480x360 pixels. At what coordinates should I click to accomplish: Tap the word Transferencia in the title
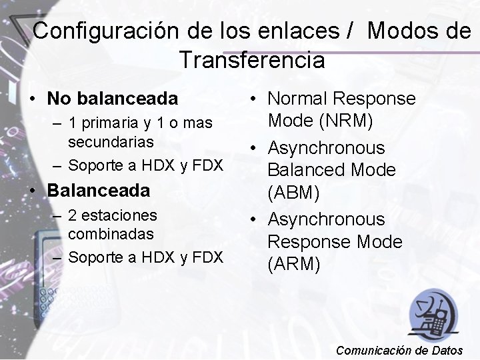(252, 61)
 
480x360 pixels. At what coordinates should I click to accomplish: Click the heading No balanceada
(113, 99)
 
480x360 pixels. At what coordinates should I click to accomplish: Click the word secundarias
(111, 142)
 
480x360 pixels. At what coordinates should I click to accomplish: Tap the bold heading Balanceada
(99, 190)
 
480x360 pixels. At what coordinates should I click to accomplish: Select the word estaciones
(122, 215)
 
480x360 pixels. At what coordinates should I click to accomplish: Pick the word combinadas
(111, 234)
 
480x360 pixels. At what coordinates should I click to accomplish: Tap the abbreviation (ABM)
(293, 193)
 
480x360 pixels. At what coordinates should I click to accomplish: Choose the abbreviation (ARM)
(294, 265)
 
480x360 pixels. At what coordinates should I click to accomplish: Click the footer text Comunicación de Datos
(405, 350)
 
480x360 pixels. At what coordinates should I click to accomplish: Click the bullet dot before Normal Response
(255, 99)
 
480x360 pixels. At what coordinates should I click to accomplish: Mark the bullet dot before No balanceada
(33, 99)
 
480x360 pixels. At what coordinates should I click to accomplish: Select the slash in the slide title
(351, 31)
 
